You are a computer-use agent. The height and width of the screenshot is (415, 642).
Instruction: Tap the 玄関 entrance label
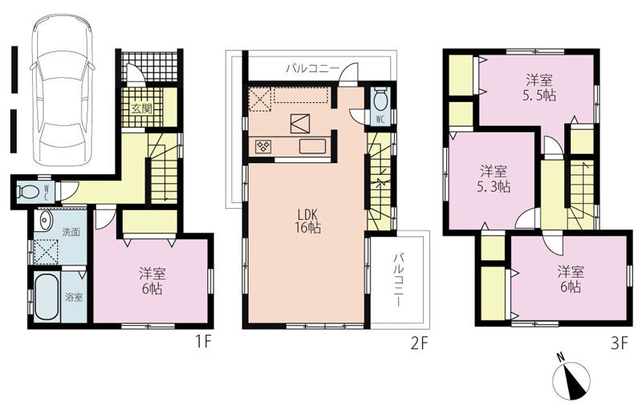[141, 109]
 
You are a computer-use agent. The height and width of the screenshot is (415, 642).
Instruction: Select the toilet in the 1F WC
[26, 191]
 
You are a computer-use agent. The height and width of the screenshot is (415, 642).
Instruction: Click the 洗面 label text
[71, 232]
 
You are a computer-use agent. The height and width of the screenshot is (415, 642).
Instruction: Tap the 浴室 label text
[74, 298]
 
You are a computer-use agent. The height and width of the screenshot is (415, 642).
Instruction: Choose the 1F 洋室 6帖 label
[152, 280]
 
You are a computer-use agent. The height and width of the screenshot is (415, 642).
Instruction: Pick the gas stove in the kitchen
[262, 146]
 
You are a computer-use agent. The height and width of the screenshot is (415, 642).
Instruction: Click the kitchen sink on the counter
[312, 146]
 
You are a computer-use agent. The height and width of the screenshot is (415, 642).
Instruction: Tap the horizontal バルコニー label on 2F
[312, 68]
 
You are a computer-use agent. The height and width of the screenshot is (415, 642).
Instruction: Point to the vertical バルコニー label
[397, 280]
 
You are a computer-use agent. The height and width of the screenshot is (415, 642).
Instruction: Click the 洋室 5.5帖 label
[539, 87]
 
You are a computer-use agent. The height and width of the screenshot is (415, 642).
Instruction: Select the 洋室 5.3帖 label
[494, 178]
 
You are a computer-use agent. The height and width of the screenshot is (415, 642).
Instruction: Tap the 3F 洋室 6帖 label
[570, 279]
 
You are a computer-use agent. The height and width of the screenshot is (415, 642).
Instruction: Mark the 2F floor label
[419, 344]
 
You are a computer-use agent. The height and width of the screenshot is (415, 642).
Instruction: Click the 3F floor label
[619, 344]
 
